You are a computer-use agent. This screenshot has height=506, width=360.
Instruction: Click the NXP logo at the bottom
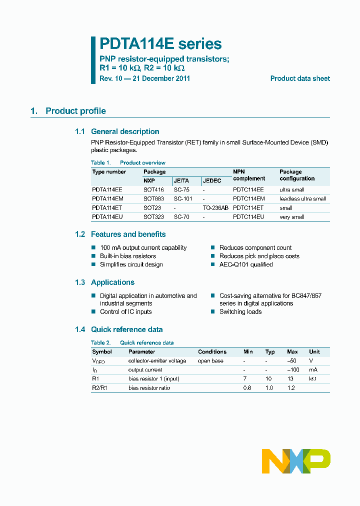(296, 461)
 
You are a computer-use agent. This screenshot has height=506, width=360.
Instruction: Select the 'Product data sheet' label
(300, 78)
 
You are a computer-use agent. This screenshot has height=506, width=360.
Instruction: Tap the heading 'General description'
(125, 131)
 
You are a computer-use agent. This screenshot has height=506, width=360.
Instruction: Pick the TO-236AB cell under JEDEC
(215, 208)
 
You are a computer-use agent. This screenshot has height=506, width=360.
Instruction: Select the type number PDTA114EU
(107, 217)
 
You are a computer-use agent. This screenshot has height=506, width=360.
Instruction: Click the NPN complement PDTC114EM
(248, 199)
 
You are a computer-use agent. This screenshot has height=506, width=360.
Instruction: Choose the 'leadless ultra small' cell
(302, 199)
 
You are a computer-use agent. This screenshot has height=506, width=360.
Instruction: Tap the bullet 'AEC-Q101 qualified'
(246, 264)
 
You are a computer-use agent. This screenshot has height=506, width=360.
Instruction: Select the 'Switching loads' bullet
(240, 311)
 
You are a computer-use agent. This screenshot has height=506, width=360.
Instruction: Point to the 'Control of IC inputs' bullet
(125, 311)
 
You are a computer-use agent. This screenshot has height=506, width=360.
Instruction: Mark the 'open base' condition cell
(210, 361)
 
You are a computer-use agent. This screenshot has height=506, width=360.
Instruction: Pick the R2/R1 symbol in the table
(100, 388)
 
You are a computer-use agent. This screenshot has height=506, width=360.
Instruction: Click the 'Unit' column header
(314, 352)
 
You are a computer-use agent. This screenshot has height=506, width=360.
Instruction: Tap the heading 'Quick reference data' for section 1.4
(126, 329)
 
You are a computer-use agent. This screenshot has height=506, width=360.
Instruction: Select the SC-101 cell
(183, 199)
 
